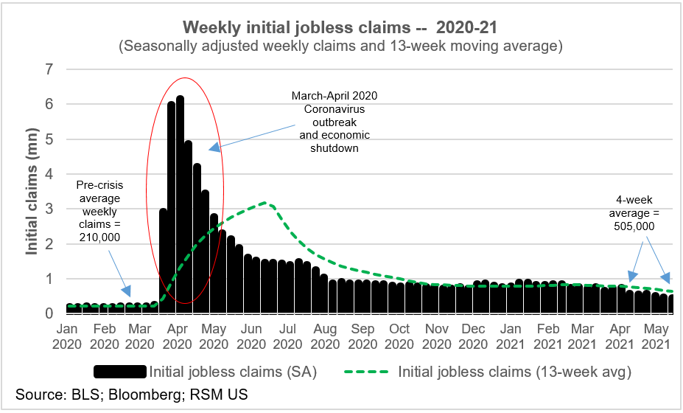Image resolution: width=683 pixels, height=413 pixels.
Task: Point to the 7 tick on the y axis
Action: (50, 69)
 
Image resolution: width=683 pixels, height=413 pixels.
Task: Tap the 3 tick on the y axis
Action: (50, 209)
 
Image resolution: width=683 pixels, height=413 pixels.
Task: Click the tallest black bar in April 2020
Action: (180, 199)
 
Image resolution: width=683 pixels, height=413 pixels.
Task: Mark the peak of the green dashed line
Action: (268, 203)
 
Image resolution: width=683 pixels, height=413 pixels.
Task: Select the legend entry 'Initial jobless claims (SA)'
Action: (233, 372)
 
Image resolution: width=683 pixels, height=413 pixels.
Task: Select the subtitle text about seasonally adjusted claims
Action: (340, 46)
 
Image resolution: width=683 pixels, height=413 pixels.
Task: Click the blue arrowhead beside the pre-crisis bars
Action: (127, 293)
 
